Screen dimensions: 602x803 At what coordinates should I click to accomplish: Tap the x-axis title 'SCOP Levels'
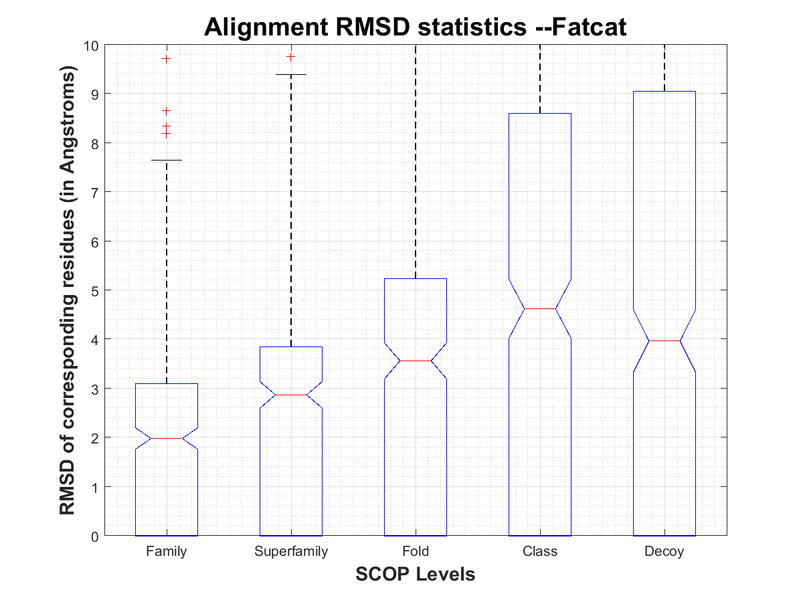tap(415, 574)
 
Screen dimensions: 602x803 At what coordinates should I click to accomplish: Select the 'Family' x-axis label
tap(166, 552)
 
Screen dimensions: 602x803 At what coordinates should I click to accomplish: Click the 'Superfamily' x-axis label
tap(291, 552)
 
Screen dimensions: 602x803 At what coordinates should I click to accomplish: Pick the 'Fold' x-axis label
tap(416, 552)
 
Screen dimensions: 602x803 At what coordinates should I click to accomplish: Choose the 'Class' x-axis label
tap(540, 552)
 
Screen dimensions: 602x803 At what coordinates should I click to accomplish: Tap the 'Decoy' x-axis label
tap(664, 552)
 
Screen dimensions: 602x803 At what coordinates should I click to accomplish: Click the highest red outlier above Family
tap(166, 59)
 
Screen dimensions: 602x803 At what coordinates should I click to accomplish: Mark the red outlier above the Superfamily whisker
tap(291, 57)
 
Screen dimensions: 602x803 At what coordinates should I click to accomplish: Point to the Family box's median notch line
tap(166, 438)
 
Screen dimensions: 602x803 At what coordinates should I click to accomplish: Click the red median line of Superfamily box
tap(291, 395)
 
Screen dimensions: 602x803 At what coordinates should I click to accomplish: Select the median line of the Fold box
tap(416, 361)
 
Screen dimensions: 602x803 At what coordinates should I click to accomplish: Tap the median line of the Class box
tap(540, 308)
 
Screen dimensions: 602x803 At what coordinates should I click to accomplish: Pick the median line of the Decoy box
tap(664, 340)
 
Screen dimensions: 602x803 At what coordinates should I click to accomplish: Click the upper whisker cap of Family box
tap(166, 161)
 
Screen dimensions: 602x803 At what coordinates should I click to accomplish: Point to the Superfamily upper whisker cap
tap(291, 74)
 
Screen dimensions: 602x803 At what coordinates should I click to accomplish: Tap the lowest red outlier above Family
tap(166, 134)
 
